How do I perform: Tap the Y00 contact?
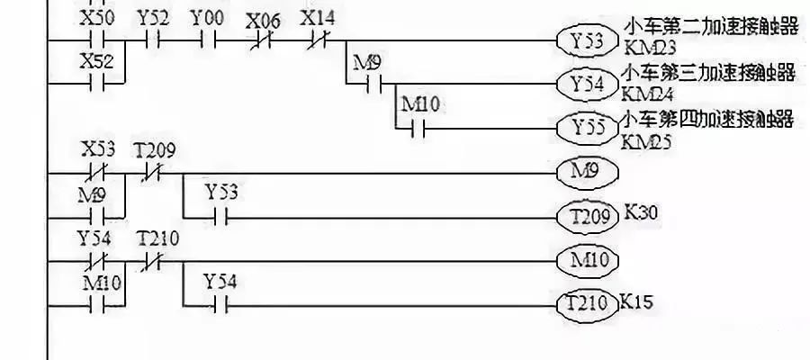click(209, 40)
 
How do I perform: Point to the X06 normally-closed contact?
click(263, 40)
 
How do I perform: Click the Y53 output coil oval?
click(589, 40)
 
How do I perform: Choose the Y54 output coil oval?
click(589, 83)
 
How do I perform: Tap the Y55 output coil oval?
click(589, 127)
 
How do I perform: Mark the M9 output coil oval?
click(589, 170)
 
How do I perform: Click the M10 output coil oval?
click(589, 261)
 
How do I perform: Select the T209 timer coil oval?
click(589, 216)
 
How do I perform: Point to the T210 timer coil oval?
click(589, 304)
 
